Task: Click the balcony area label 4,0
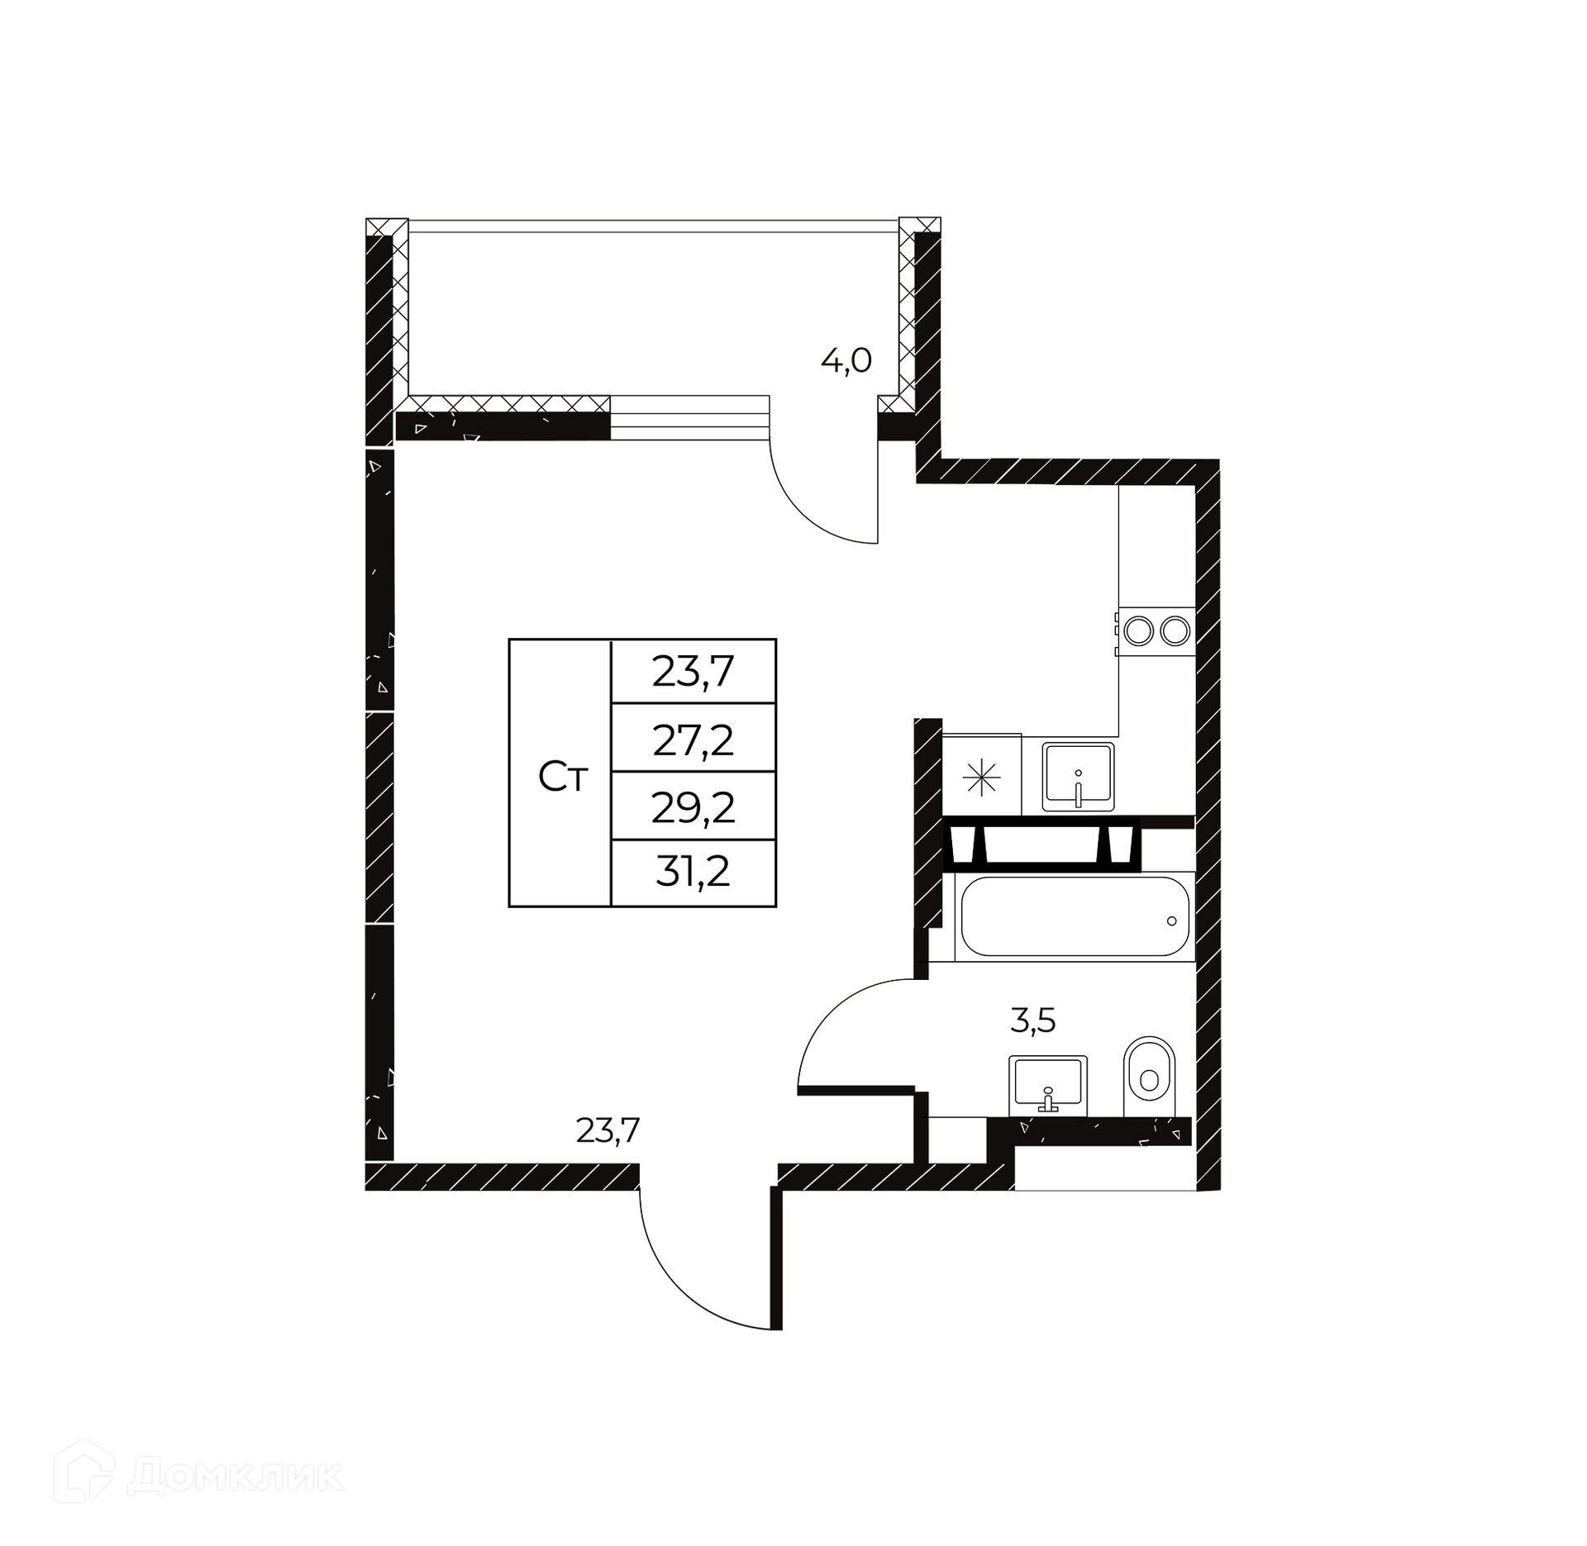[x=846, y=361]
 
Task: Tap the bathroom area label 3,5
[x=1033, y=1021]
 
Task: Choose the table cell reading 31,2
[x=693, y=873]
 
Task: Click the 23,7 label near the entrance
[x=608, y=1130]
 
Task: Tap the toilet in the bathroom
[x=1150, y=1068]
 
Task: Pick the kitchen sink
[x=1078, y=777]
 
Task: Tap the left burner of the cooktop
[x=1139, y=631]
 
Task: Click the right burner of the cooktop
[x=1174, y=631]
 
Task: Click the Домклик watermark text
[x=236, y=1477]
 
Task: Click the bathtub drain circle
[x=1172, y=920]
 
